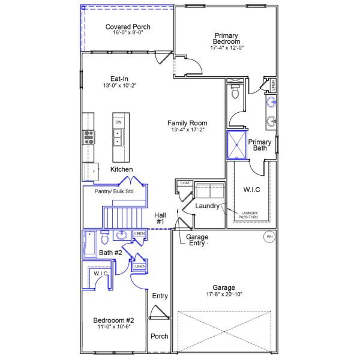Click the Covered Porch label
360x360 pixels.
(128, 27)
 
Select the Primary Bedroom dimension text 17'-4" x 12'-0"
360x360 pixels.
(226, 47)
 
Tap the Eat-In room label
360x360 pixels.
(119, 79)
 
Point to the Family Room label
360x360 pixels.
(187, 123)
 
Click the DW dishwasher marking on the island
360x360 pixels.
(118, 122)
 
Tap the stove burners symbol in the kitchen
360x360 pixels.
(89, 137)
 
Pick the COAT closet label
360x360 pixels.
(185, 182)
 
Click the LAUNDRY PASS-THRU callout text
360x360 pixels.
(249, 215)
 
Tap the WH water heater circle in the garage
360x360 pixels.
(269, 237)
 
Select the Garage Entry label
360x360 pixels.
(197, 240)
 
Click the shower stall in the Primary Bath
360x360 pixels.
(236, 145)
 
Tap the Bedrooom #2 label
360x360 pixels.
(113, 320)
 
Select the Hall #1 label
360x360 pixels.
(160, 218)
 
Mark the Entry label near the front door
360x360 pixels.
(160, 296)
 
